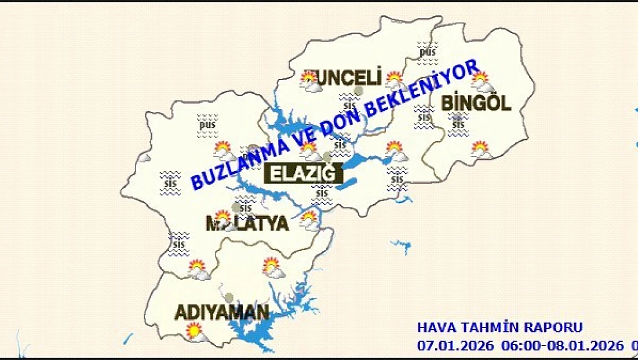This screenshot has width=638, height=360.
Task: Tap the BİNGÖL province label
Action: [x=476, y=104]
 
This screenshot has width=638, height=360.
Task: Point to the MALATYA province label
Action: [x=247, y=224]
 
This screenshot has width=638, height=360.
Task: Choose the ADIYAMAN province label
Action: [x=222, y=313]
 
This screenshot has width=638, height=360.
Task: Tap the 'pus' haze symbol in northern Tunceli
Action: [x=427, y=51]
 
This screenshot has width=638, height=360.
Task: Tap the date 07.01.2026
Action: [x=455, y=346]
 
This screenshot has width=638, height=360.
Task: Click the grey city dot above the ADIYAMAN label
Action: [x=230, y=297]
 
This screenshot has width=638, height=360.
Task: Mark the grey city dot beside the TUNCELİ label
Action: [x=359, y=91]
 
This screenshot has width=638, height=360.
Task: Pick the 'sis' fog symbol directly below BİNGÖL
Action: [x=458, y=124]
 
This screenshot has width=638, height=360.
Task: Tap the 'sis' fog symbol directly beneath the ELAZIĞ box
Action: [x=322, y=193]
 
